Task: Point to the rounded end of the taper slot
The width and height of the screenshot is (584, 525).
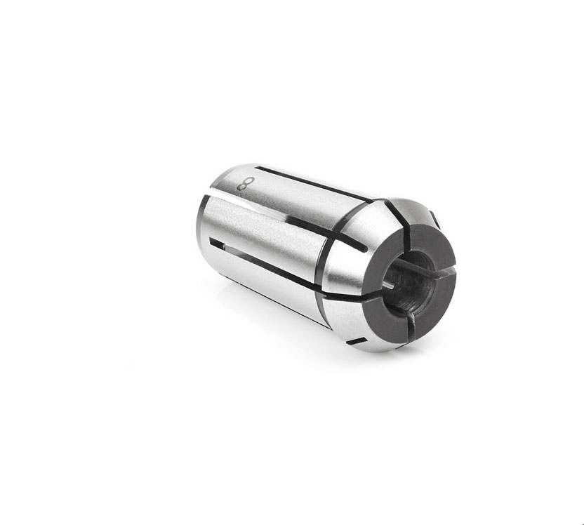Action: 363,248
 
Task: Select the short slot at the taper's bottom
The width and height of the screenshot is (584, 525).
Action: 357,340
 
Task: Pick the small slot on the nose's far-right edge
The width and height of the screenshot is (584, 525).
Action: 434,220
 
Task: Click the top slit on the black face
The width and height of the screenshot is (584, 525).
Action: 407,233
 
